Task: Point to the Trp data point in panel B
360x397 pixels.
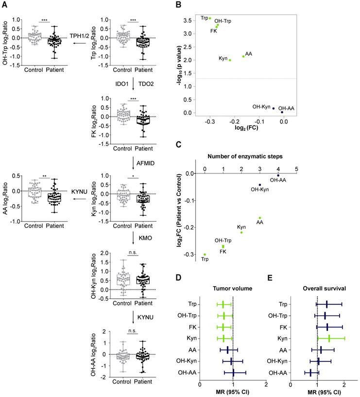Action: click(210, 18)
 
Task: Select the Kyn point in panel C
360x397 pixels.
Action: click(241, 232)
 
